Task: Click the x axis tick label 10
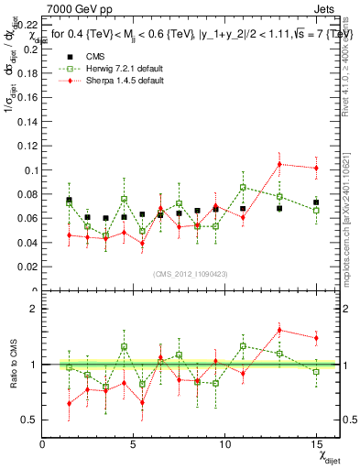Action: [x=226, y=444]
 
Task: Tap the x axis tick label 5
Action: [x=135, y=444]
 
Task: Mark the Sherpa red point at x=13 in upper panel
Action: [x=279, y=164]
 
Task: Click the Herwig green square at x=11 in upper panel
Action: [x=243, y=187]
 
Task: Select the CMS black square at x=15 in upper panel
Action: [x=316, y=202]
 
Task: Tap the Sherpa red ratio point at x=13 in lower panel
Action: [x=279, y=330]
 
